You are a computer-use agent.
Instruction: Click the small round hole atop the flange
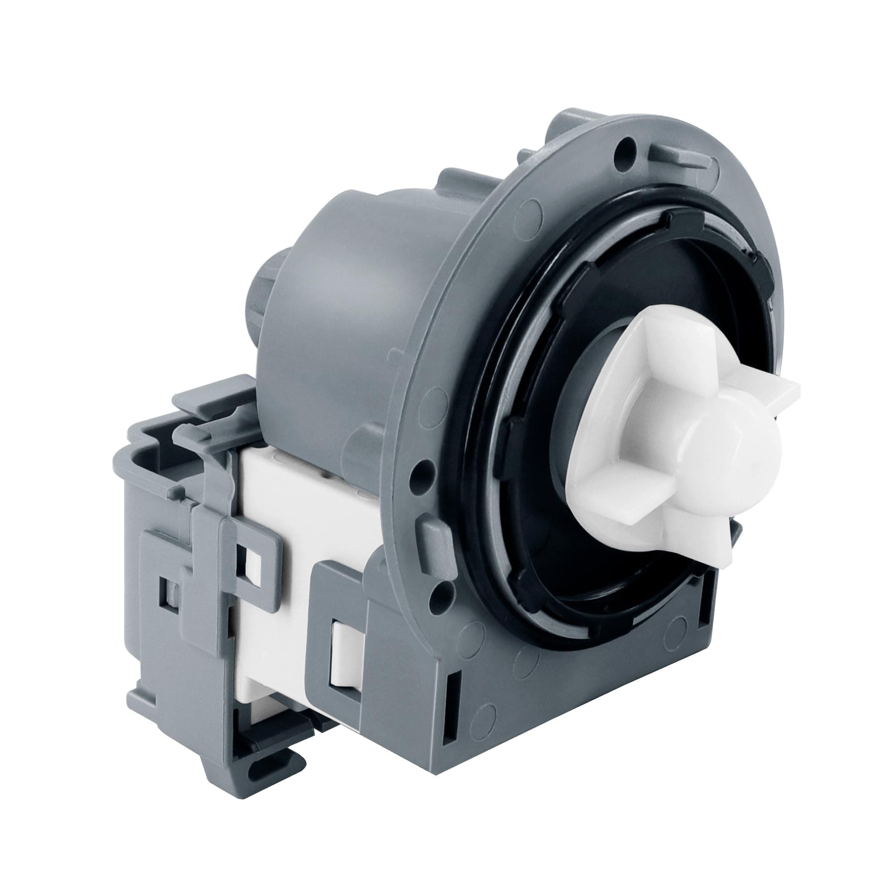click(627, 143)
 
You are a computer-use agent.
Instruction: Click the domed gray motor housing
click(342, 277)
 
